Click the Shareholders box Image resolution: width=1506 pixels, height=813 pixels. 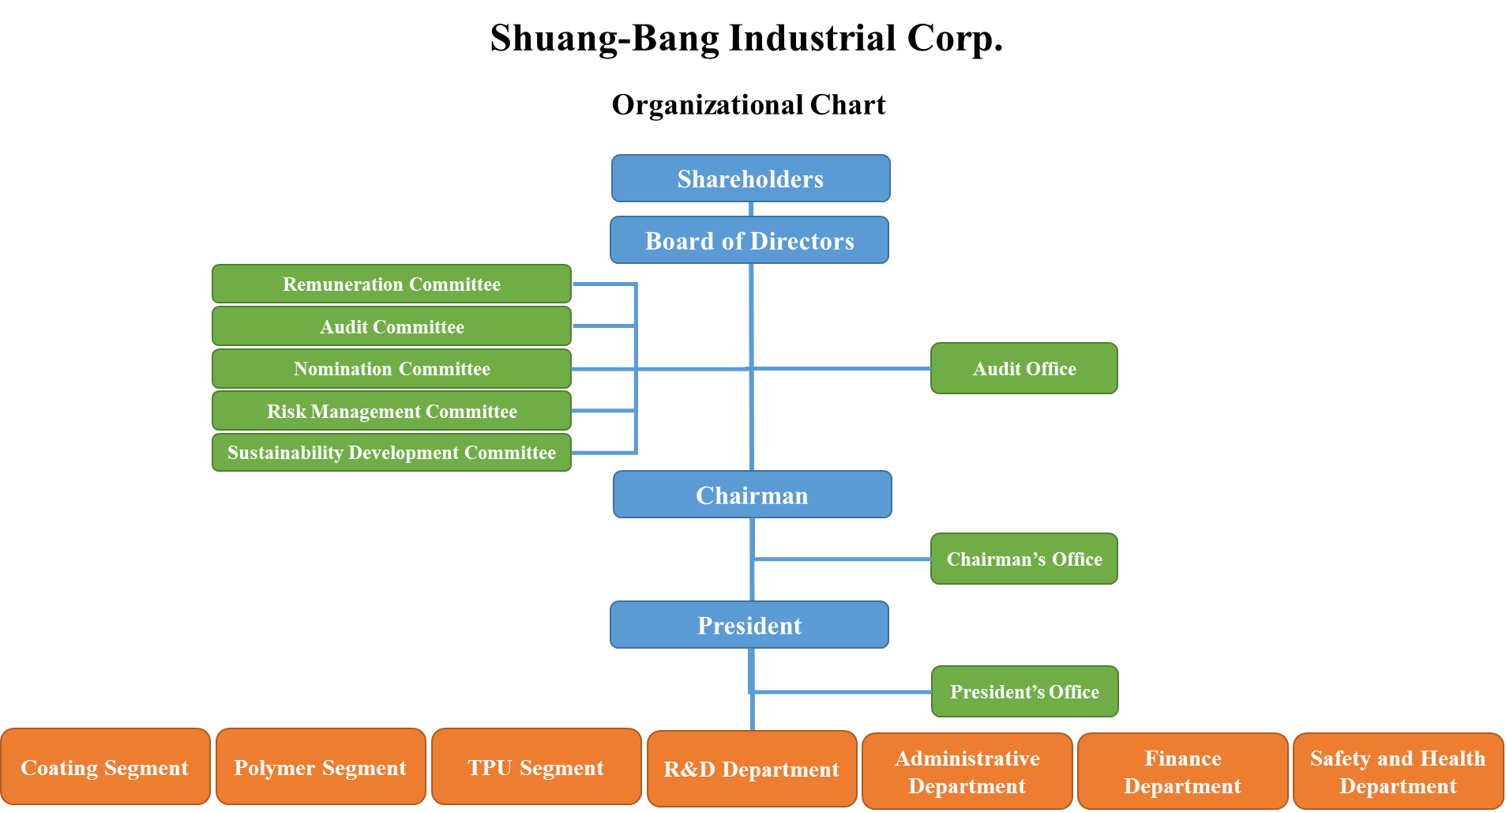point(750,179)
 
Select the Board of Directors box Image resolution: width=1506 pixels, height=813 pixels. point(749,240)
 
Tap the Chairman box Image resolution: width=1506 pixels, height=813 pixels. point(752,495)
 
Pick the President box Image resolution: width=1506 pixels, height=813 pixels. point(749,625)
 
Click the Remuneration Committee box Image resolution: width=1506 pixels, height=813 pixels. point(392,284)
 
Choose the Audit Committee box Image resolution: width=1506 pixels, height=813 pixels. point(392,326)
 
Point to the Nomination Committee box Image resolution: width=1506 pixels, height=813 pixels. point(392,369)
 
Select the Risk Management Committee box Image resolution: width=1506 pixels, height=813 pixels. point(392,411)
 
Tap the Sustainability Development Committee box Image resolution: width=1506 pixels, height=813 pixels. point(392,453)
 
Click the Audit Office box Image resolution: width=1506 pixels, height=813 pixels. point(1024,368)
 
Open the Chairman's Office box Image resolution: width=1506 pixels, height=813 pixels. point(1024,559)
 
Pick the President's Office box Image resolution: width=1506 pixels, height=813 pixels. point(1025,691)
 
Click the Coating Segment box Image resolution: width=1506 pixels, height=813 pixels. point(105,767)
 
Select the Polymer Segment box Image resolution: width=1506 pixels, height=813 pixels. point(321,767)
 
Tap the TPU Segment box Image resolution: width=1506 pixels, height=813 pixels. point(536,767)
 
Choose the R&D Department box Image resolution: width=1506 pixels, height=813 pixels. point(752,769)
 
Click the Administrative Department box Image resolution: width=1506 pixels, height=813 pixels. point(967,772)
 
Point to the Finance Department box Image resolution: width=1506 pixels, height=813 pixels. point(1183,772)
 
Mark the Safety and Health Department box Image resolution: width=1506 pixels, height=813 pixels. point(1399,772)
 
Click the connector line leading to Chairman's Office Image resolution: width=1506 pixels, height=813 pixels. point(842,559)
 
